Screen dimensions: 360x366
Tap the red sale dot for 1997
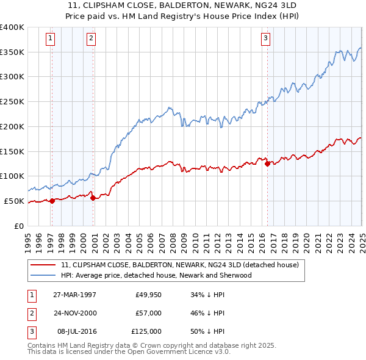[x=52, y=201]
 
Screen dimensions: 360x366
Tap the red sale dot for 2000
[x=93, y=197]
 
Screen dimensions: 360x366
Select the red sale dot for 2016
[x=267, y=163]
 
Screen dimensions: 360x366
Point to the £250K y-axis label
[x=12, y=101]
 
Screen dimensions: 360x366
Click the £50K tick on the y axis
[x=15, y=201]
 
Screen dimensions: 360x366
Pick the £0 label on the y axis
[x=19, y=226]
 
